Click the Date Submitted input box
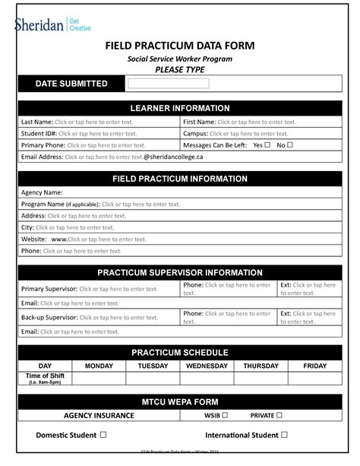168,84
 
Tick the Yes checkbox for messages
267,145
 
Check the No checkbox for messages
290,145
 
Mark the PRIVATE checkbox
279,416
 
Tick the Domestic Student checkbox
103,436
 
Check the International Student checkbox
284,436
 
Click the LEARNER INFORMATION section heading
180,109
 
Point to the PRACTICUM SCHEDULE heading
180,353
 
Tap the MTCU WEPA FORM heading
180,401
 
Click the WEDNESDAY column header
207,366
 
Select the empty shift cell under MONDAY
99,379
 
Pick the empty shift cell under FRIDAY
314,379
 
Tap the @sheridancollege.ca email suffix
174,157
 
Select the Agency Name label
42,193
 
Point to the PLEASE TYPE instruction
180,70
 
